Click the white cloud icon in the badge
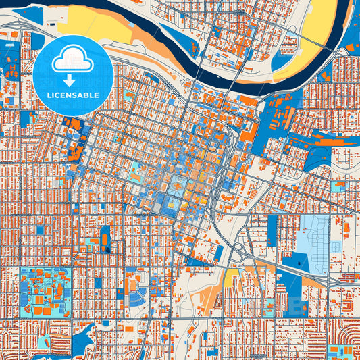pos(72,60)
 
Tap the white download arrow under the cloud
pos(72,80)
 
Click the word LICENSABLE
pos(72,95)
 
